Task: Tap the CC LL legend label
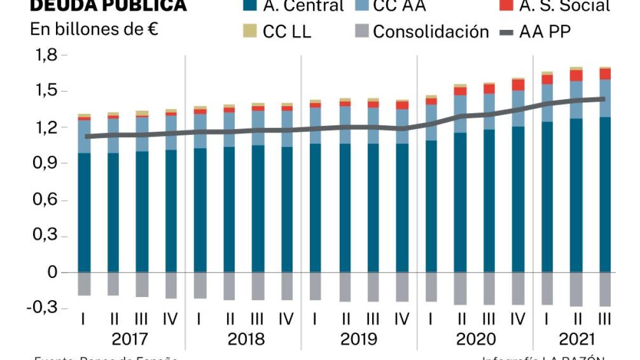(x=287, y=31)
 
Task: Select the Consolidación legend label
(x=430, y=31)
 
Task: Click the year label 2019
(x=358, y=339)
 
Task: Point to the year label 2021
(x=575, y=339)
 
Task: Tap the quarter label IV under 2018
(x=286, y=319)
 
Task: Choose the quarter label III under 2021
(x=604, y=319)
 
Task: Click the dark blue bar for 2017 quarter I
(x=84, y=213)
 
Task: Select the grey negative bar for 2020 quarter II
(x=461, y=289)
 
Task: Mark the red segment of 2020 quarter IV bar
(x=518, y=85)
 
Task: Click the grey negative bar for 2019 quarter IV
(x=402, y=287)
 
